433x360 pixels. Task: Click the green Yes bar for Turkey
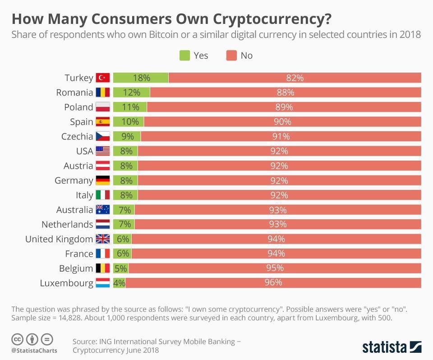coord(140,78)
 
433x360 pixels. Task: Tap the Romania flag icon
coord(103,92)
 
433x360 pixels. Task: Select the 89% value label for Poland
coord(284,107)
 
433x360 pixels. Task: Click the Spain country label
coord(81,122)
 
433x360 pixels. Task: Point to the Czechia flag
coord(103,136)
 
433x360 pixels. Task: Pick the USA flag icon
coord(103,151)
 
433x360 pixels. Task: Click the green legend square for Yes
coord(184,55)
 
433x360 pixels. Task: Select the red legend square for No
coord(231,55)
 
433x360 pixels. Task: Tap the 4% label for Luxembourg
coord(119,283)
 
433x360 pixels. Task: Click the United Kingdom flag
coord(103,239)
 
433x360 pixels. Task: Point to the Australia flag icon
coord(103,210)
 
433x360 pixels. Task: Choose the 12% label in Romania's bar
coord(131,92)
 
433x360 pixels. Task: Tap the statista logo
coord(392,347)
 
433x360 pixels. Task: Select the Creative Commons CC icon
coord(18,339)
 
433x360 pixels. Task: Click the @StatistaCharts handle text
coord(34,351)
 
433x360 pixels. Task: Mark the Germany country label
coord(74,180)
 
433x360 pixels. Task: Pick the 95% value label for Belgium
coord(274,268)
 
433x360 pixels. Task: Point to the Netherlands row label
coord(67,224)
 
